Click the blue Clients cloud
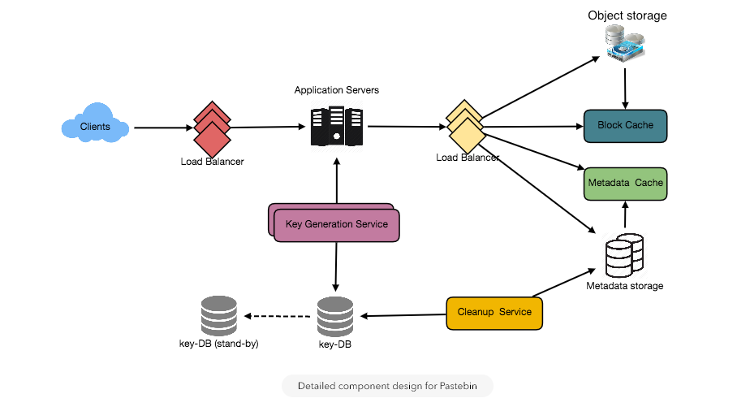(x=95, y=126)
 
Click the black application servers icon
(x=336, y=126)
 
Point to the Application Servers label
(x=336, y=89)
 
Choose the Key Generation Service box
(x=337, y=224)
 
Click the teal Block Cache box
(x=625, y=125)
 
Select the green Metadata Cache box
(x=625, y=183)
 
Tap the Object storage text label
(x=627, y=15)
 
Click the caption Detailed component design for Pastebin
(x=387, y=386)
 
